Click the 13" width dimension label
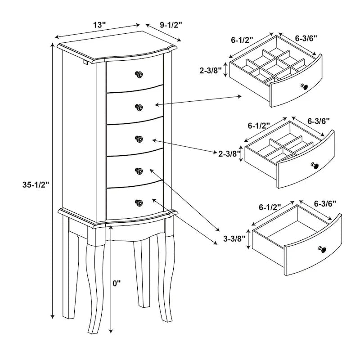click(99, 25)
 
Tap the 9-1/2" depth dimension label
click(171, 25)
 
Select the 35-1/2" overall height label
click(36, 184)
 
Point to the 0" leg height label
click(117, 283)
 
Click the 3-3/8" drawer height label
click(234, 239)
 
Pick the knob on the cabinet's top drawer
click(139, 74)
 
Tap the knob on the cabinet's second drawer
click(139, 107)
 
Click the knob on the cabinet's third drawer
click(139, 139)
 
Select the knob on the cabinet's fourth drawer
click(139, 171)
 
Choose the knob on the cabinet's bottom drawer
click(139, 202)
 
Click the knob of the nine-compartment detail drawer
click(305, 87)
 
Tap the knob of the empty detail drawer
click(322, 249)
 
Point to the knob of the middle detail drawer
click(315, 165)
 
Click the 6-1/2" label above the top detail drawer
click(242, 40)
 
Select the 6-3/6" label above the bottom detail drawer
click(325, 203)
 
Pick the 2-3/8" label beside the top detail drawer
click(211, 71)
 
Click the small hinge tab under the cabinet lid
click(85, 62)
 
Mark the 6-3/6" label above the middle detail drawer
click(319, 121)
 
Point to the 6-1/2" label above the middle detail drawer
click(259, 126)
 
